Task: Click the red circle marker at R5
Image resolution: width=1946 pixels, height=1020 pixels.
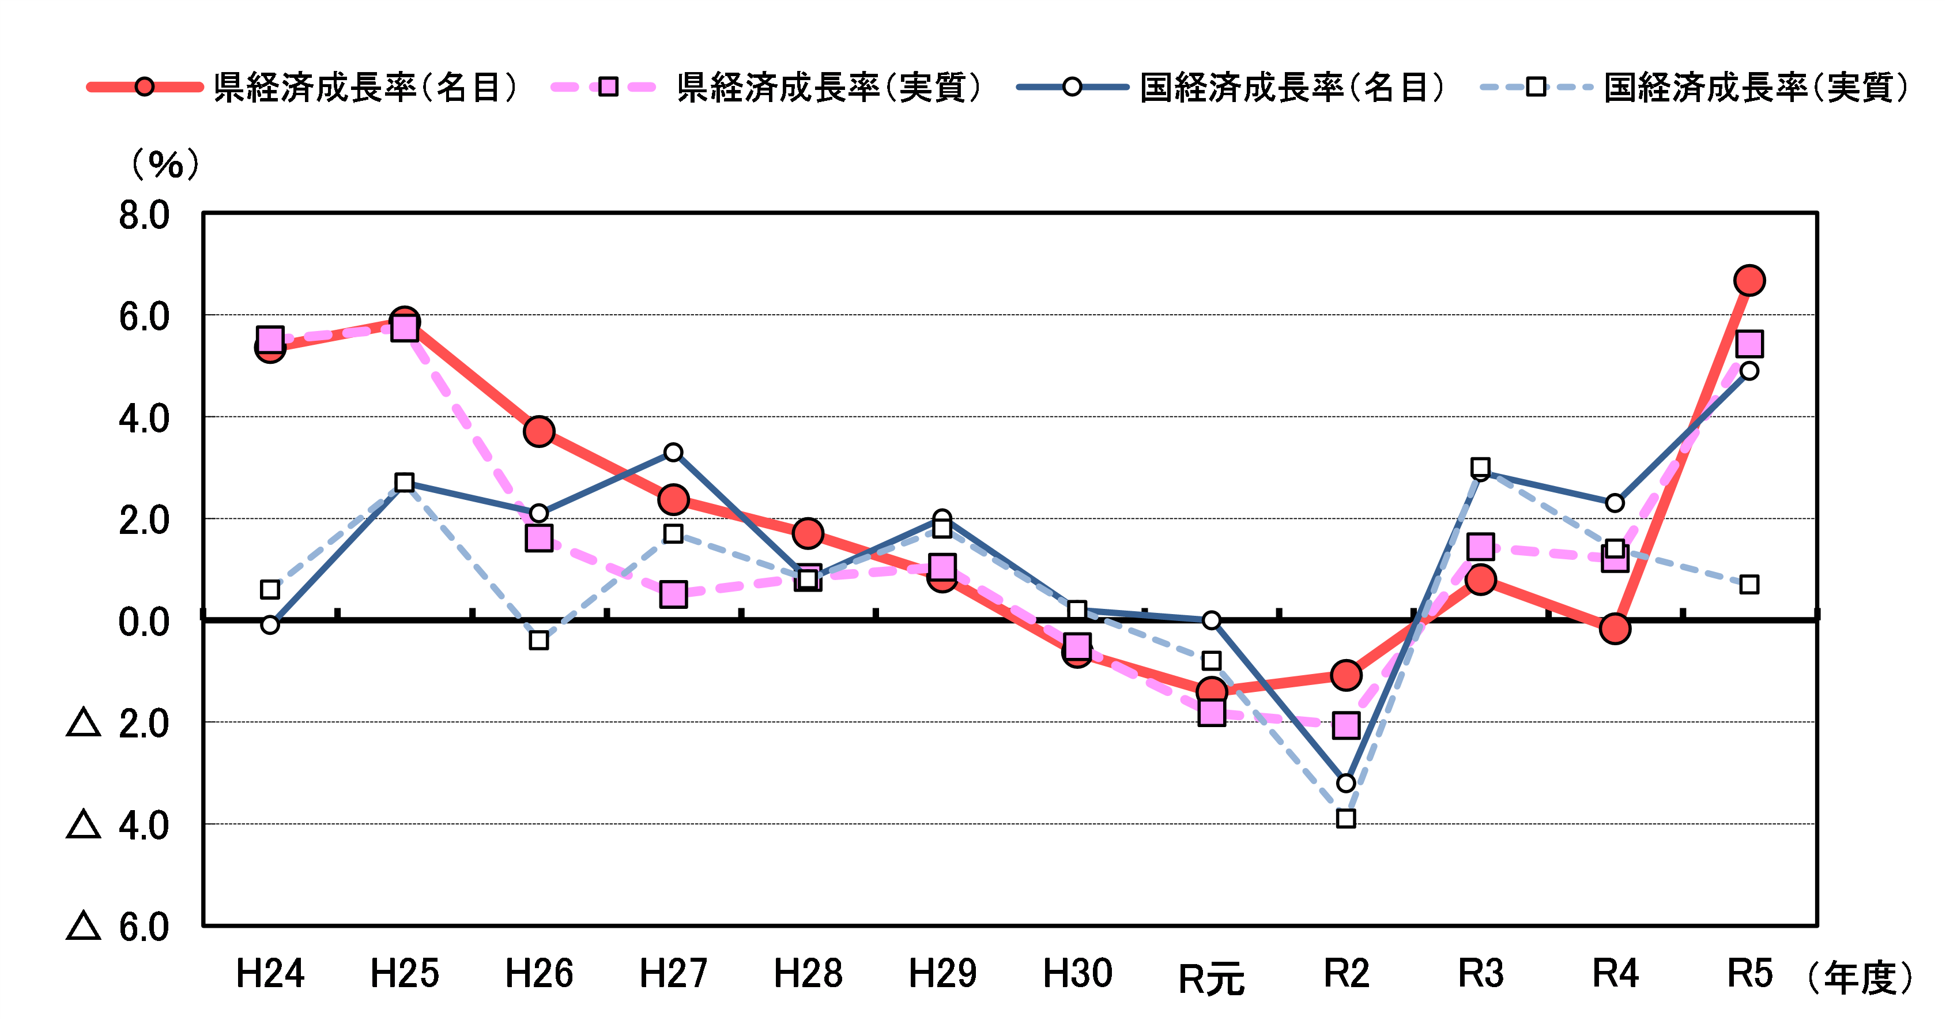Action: pos(1749,280)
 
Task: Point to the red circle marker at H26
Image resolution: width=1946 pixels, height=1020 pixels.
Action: pos(538,431)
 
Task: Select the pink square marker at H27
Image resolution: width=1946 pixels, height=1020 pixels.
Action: pos(673,594)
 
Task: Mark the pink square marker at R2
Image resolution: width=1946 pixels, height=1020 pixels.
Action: pos(1346,725)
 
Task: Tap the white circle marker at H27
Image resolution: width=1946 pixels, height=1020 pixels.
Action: pos(673,453)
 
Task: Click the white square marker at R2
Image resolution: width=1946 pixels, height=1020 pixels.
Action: pos(1346,818)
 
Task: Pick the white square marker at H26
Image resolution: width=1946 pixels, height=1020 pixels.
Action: pos(538,641)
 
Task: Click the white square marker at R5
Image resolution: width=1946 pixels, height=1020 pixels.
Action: pos(1749,584)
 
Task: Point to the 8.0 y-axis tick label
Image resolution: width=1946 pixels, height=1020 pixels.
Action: pos(144,216)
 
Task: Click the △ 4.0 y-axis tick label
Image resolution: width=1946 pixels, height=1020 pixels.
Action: pos(119,826)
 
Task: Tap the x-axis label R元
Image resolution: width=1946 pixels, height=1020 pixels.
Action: pos(1212,979)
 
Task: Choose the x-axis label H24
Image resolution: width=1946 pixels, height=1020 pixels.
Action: pos(270,973)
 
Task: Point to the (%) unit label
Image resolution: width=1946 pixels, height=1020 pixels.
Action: pos(165,164)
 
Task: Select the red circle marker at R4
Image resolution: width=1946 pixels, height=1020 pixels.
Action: pos(1615,628)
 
